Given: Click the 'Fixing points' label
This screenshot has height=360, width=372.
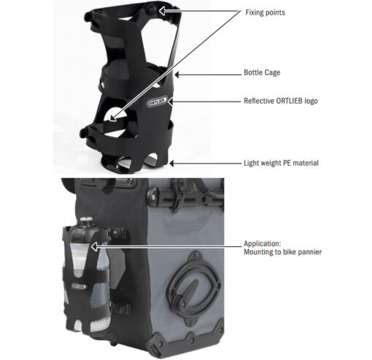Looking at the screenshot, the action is pos(265,12).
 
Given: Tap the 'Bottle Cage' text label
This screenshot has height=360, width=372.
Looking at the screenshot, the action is pos(262,72).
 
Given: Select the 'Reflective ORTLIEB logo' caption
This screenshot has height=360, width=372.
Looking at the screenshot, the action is pos(281,101).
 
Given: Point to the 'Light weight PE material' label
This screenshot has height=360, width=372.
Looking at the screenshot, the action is pos(281,163).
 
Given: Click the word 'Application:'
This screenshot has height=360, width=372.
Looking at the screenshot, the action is pos(263,244).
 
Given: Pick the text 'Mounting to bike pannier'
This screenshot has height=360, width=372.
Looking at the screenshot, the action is pos(282,252).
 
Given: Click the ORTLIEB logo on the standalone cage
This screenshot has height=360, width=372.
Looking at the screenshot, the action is pos(157,102).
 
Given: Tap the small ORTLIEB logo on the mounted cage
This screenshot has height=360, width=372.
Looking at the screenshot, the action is pos(79,286).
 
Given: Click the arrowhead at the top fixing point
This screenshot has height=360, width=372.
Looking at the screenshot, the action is pos(162,11).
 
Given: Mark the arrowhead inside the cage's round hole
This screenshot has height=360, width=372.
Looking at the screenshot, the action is pos(112,118).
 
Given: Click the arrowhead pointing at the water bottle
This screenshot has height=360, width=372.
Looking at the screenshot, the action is pos(94,247).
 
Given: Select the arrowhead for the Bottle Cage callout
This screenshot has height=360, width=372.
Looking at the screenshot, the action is pos(177,74).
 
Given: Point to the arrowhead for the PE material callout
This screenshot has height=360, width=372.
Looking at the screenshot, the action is pos(171,164).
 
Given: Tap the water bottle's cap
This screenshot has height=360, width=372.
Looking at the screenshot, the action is pos(86,222).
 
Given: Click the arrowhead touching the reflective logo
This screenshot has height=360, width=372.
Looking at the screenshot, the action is pos(170,102).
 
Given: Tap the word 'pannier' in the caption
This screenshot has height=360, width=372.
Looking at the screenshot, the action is pos(310,252).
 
